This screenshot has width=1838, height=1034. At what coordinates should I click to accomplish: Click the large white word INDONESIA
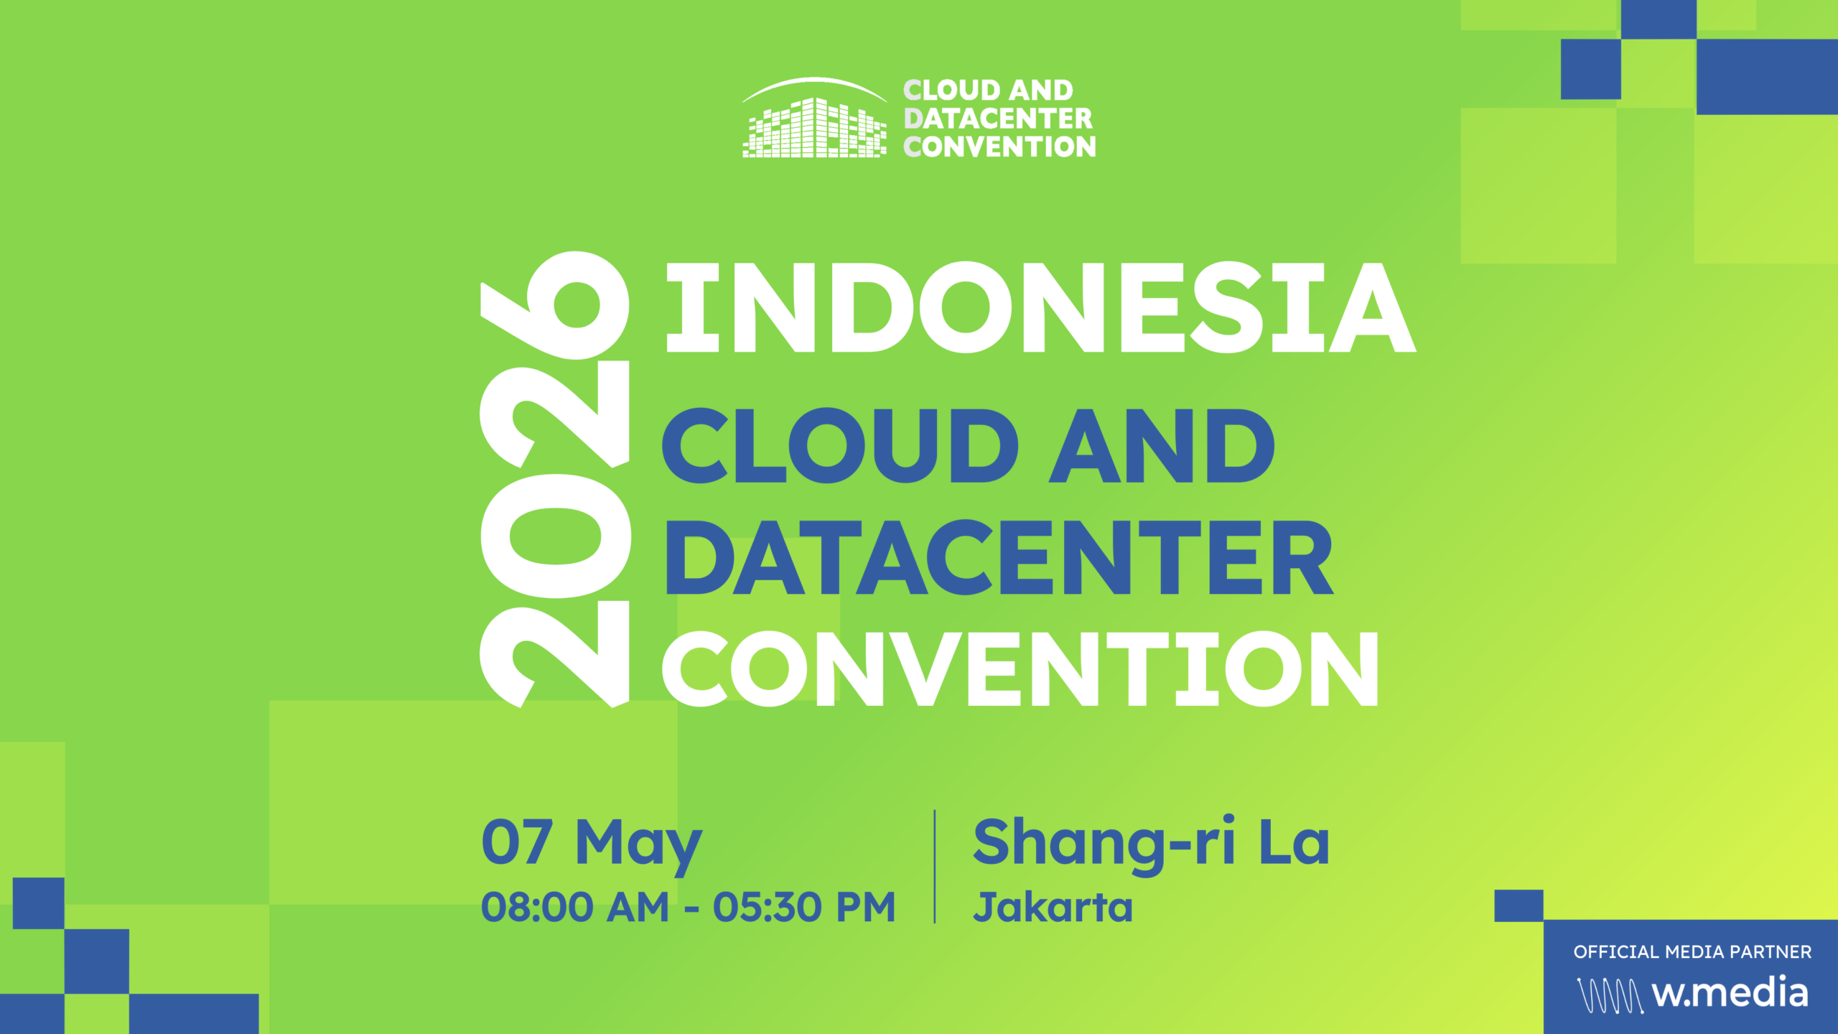tap(1040, 307)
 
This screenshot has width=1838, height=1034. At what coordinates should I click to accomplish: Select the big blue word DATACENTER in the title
tap(999, 558)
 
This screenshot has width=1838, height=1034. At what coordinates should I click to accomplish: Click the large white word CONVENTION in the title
tap(1020, 669)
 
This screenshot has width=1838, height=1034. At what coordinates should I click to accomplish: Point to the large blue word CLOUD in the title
tap(839, 445)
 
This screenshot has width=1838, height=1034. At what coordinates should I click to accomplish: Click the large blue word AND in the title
tap(1161, 445)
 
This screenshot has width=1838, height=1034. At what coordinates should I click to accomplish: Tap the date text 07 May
tap(591, 843)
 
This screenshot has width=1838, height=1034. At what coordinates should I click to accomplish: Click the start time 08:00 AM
tap(574, 907)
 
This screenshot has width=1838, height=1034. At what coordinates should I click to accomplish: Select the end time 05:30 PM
tap(804, 907)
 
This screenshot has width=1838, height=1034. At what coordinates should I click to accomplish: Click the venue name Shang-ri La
tap(1151, 843)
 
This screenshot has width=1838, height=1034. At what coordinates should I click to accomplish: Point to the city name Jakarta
tap(1053, 907)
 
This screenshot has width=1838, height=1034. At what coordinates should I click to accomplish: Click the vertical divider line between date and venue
tap(934, 866)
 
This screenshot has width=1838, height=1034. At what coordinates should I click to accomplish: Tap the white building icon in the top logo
tap(814, 129)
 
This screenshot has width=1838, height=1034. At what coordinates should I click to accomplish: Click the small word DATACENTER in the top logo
tap(998, 118)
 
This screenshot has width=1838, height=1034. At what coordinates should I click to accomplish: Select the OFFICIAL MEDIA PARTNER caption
tap(1692, 952)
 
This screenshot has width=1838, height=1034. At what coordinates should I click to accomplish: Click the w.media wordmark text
tap(1730, 993)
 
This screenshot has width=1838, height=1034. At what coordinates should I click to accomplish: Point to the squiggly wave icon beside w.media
tap(1610, 995)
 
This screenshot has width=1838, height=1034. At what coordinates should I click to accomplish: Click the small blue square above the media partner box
tap(1519, 905)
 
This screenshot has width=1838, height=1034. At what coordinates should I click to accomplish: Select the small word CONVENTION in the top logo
tap(999, 147)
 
